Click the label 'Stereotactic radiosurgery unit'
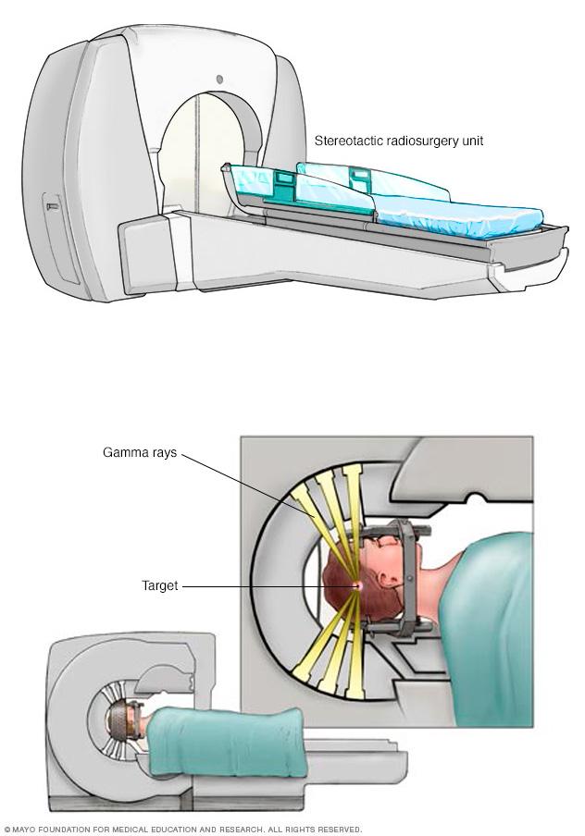click(x=399, y=141)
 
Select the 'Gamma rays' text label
click(x=140, y=454)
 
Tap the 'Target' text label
click(x=159, y=586)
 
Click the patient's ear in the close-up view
click(x=381, y=584)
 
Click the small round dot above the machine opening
click(x=220, y=79)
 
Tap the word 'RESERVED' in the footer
click(x=339, y=830)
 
